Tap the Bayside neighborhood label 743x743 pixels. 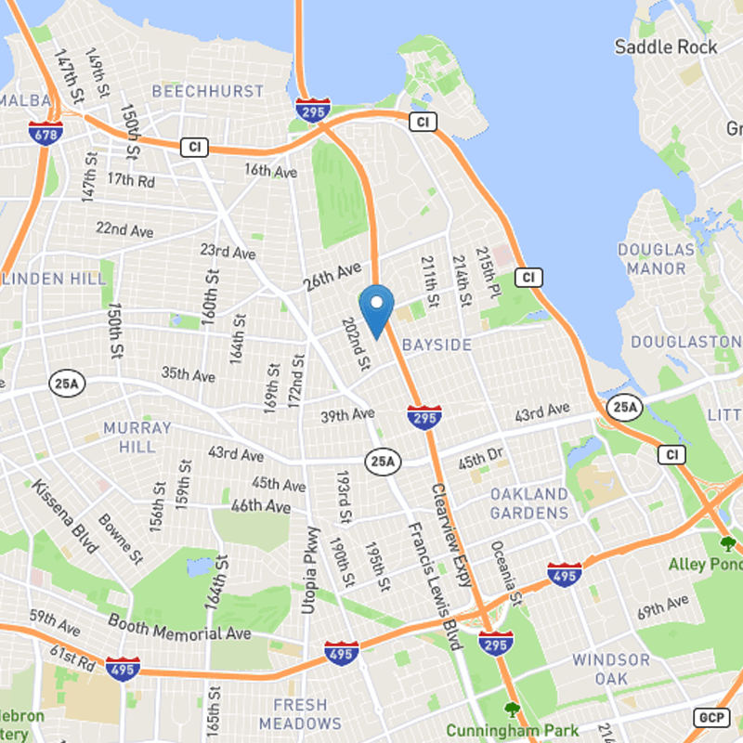point(437,345)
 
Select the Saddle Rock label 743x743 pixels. point(666,46)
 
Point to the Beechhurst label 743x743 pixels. point(207,92)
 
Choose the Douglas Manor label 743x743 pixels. point(656,259)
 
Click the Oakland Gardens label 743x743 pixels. point(528,502)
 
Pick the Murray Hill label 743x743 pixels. point(137,437)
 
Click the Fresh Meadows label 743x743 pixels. point(300,713)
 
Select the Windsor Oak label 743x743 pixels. point(610,669)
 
